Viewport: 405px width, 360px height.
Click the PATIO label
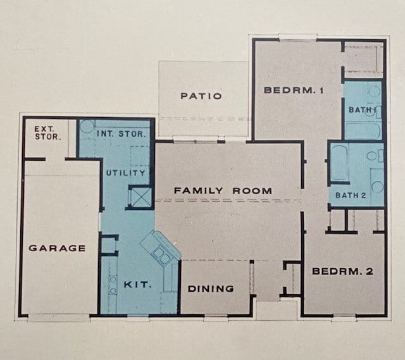[x=201, y=96]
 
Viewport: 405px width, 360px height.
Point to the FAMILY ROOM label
[x=223, y=190]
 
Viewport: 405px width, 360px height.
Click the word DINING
[x=211, y=289]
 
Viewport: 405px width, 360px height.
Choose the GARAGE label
[x=57, y=248]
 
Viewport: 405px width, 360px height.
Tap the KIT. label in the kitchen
[x=137, y=285]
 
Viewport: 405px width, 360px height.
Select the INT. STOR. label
[x=121, y=134]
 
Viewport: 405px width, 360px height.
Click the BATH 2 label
[x=351, y=195]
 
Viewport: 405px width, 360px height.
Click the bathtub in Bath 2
[x=339, y=164]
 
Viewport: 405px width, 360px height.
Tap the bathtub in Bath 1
[x=363, y=130]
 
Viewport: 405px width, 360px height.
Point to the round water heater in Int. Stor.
[x=87, y=125]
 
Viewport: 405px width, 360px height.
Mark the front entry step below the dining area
[x=277, y=309]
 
